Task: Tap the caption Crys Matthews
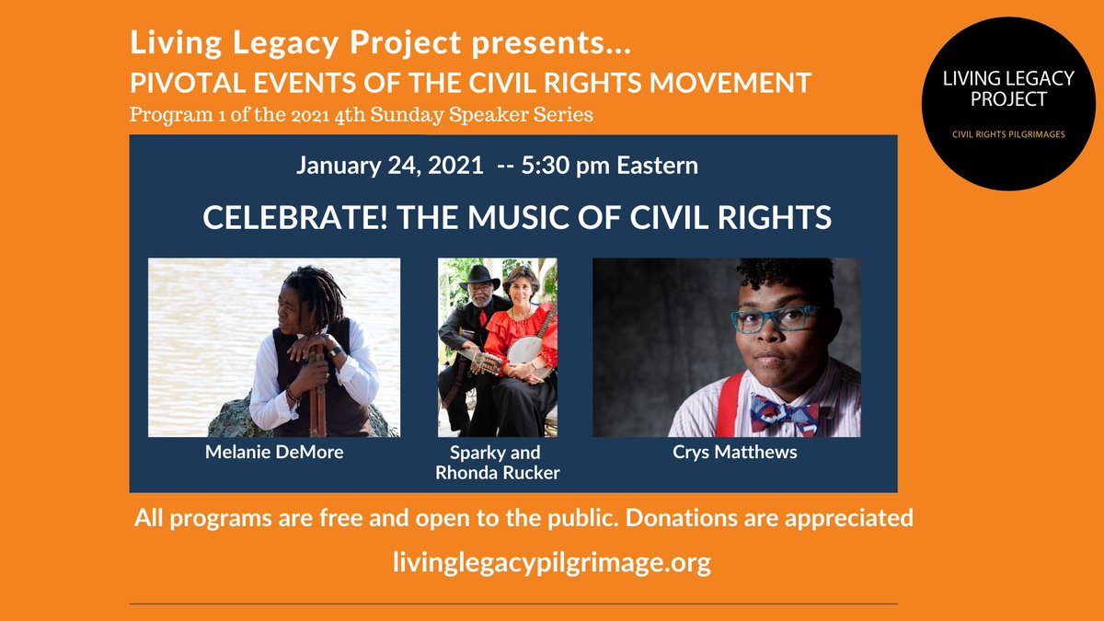[x=727, y=453]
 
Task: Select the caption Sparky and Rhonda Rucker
[x=498, y=463]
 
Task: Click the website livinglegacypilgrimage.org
[x=551, y=562]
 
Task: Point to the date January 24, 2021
[x=389, y=167]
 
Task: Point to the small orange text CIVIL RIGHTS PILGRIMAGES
[x=1007, y=135]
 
